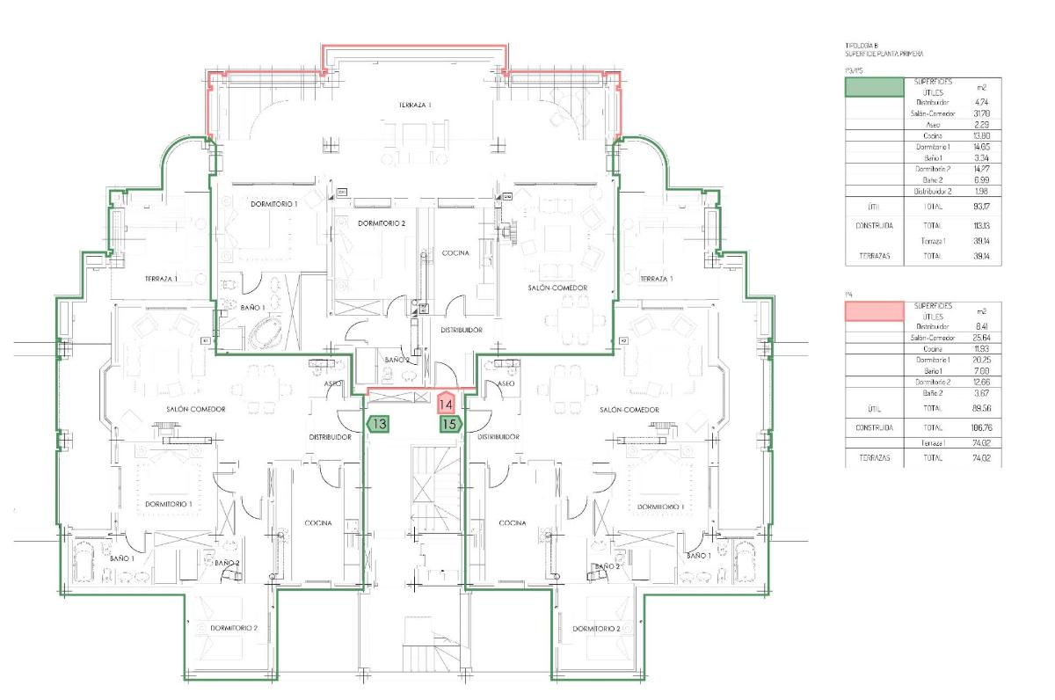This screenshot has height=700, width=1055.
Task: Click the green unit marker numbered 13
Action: [x=379, y=424]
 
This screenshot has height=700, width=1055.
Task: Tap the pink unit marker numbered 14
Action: [x=446, y=405]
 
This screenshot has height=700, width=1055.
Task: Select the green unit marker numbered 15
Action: [x=450, y=424]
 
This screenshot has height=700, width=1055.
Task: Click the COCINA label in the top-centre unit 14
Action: [x=455, y=253]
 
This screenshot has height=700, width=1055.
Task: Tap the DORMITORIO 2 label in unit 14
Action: [x=381, y=223]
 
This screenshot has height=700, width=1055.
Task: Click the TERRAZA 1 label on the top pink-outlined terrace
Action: [x=415, y=105]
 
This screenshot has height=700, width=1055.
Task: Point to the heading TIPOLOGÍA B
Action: [x=862, y=45]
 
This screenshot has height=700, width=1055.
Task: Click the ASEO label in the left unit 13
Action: [x=333, y=384]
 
